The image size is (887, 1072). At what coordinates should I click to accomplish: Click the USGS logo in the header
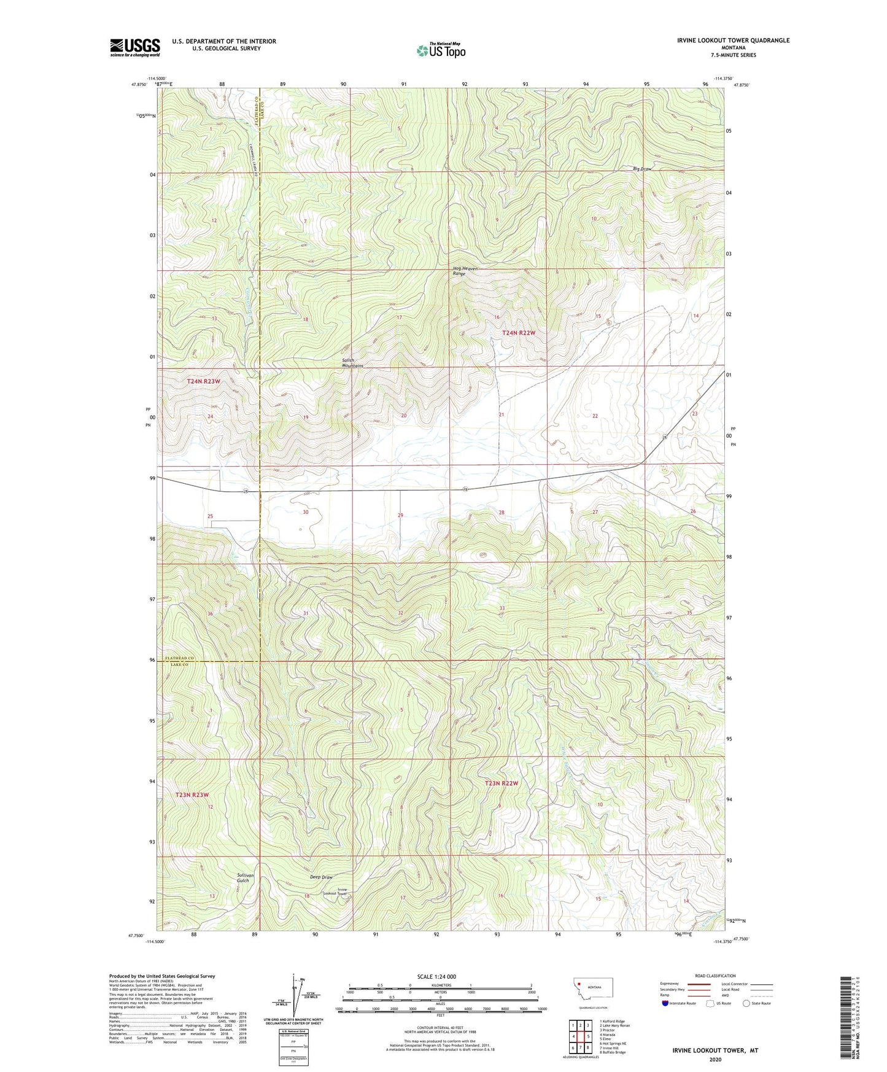(135, 47)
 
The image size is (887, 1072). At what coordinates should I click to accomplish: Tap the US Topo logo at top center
(441, 50)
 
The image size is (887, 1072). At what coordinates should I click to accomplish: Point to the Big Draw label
(642, 168)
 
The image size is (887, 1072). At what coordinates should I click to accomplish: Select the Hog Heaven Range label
(465, 271)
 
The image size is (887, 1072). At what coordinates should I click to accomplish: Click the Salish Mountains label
(352, 363)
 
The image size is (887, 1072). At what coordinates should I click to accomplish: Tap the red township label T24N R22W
(519, 333)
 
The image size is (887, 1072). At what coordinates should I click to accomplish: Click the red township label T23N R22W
(502, 783)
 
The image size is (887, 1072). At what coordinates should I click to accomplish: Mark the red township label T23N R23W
(193, 794)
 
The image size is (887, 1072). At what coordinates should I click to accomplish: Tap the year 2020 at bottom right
(715, 1059)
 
